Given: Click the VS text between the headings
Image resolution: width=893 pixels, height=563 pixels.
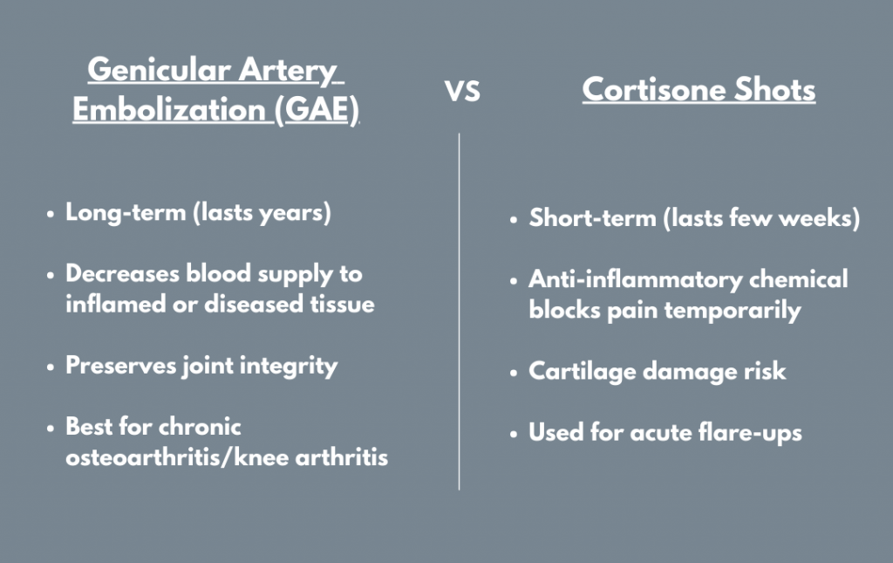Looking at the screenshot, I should tap(463, 92).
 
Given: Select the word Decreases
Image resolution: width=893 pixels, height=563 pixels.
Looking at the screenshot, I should tap(122, 273).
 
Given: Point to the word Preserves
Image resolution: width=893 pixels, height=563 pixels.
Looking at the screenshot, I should tap(117, 365).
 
